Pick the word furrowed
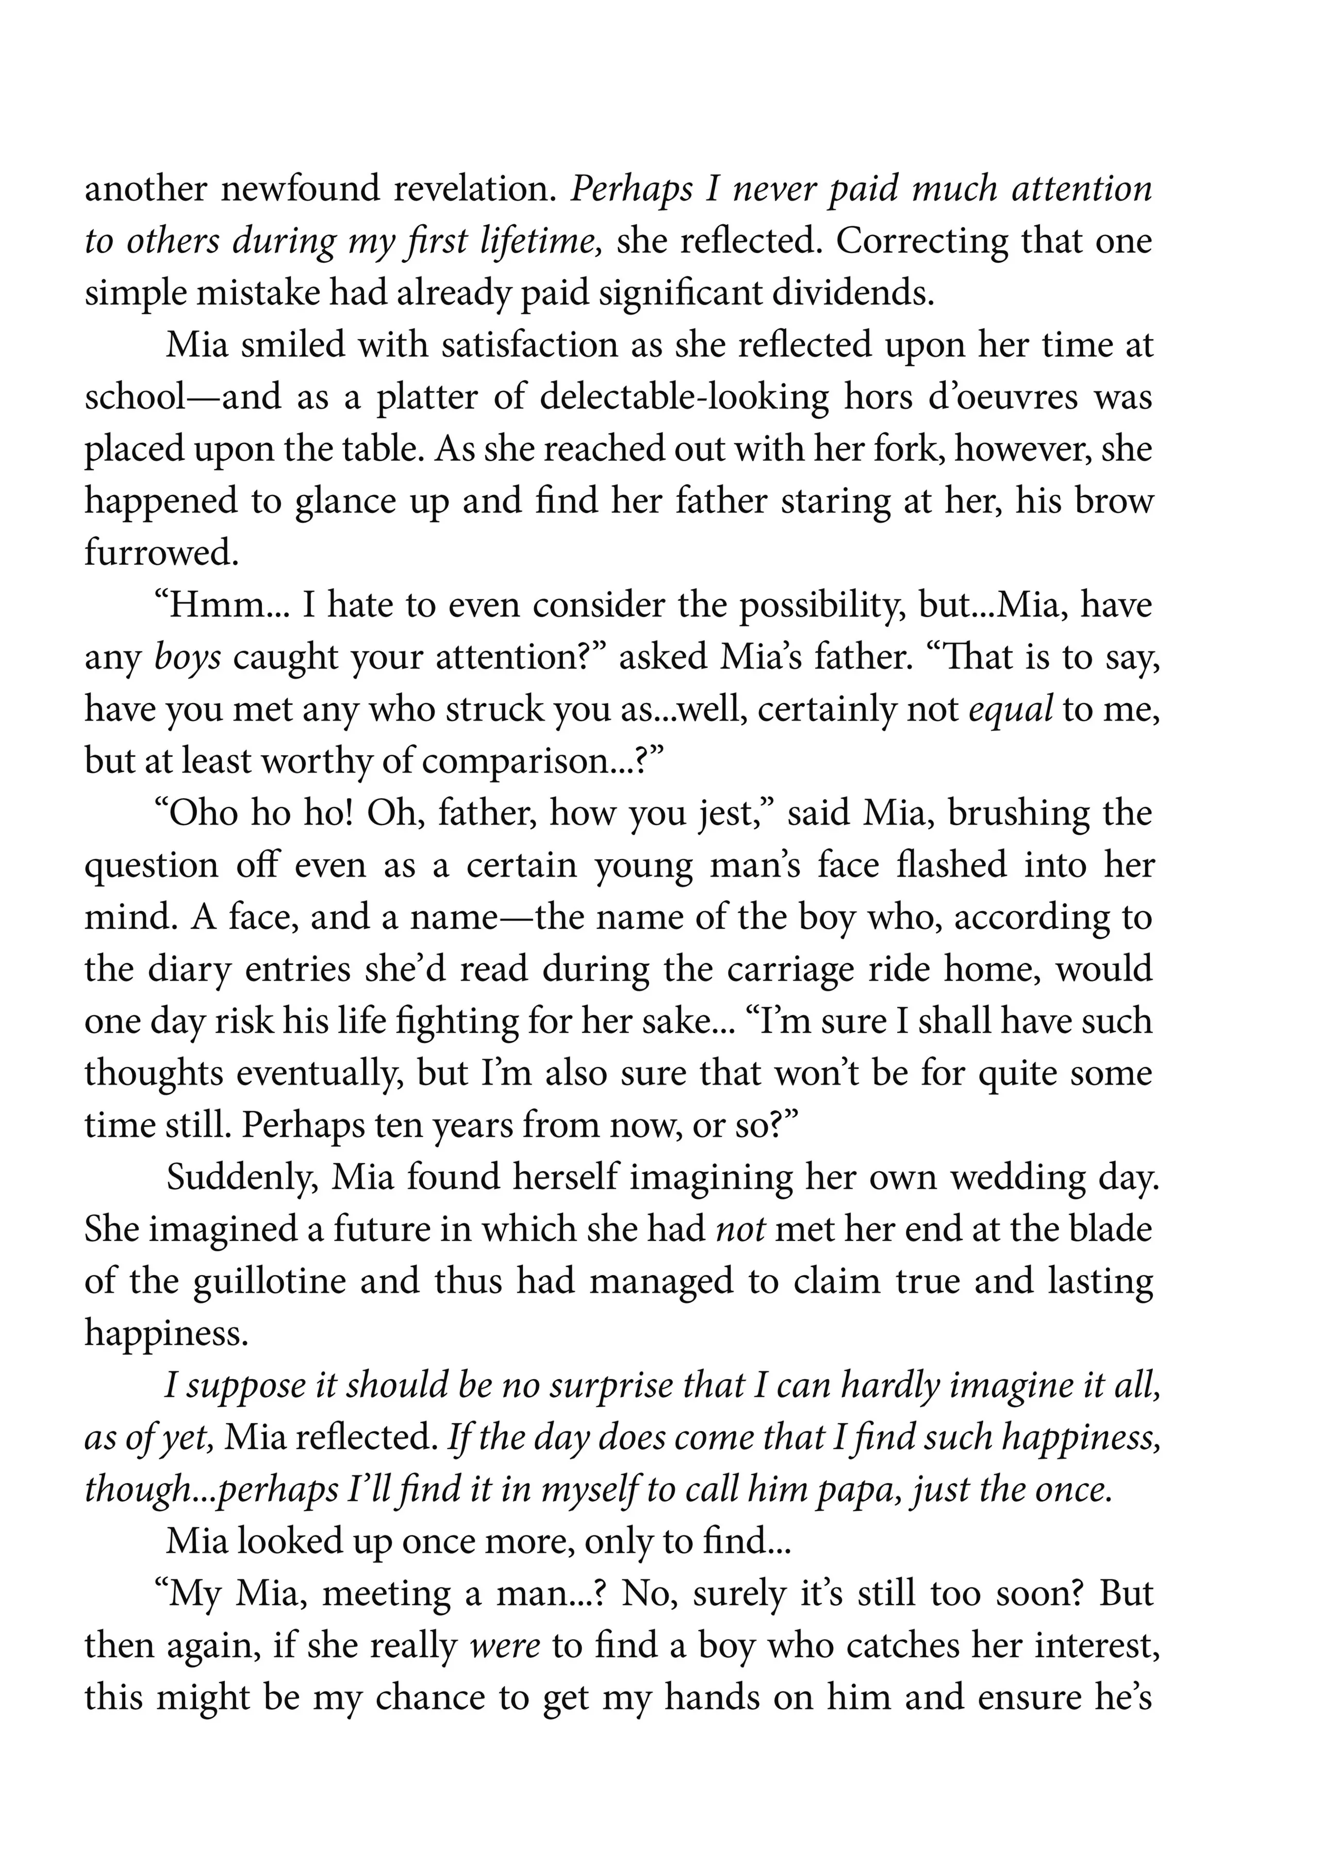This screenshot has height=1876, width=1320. pos(161,553)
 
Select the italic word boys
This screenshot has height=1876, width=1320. pos(187,658)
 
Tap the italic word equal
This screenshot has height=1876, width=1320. pos(1010,709)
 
